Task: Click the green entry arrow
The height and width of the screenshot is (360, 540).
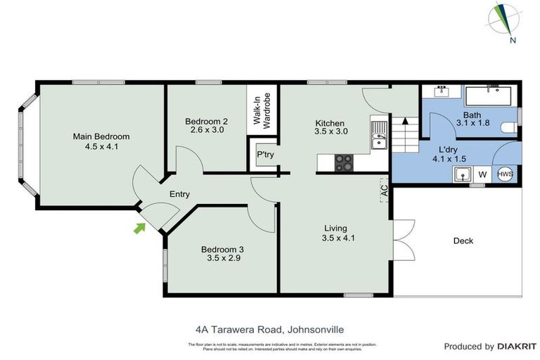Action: coord(140,227)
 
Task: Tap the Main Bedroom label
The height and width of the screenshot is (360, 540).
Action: coord(102,136)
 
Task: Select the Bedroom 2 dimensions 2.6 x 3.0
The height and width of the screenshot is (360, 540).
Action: coord(207,129)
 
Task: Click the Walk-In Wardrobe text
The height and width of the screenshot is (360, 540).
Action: coord(262,108)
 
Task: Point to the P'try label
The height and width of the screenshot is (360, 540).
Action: coord(265,155)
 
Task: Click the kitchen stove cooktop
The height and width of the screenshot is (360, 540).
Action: coord(343,162)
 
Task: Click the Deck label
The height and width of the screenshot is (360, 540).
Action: coord(463,241)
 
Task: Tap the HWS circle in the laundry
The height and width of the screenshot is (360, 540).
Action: coord(505,174)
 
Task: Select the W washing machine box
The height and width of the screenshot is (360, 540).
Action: coord(482,174)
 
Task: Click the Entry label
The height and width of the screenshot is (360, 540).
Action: coord(179,194)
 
